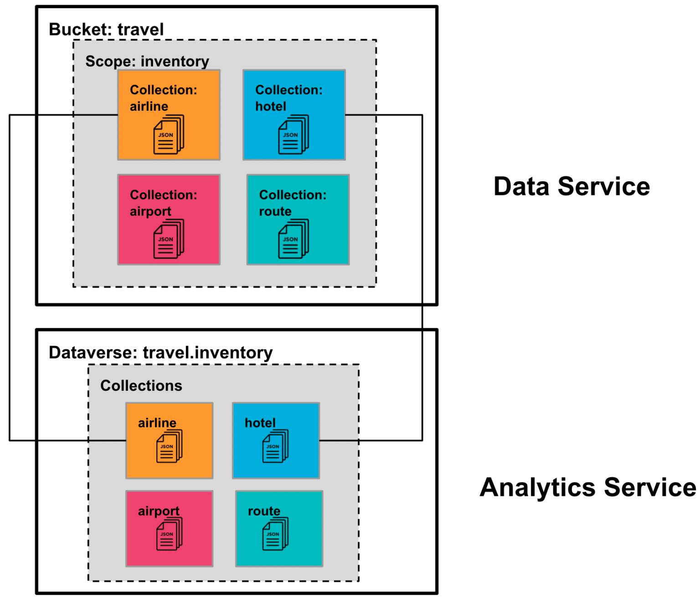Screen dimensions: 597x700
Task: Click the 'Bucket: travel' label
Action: click(106, 30)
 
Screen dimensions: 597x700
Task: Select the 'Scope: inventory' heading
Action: click(147, 61)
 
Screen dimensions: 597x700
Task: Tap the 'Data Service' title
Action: click(571, 187)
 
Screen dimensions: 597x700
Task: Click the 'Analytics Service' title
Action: click(587, 487)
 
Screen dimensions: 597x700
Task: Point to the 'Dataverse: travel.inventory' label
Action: click(160, 353)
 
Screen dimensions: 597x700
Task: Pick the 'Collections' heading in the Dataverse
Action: click(141, 386)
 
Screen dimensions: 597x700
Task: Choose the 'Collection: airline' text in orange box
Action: click(163, 98)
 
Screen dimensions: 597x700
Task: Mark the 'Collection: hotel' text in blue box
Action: click(288, 98)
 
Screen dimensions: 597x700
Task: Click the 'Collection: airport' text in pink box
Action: click(163, 203)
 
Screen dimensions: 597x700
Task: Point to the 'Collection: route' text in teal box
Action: click(293, 203)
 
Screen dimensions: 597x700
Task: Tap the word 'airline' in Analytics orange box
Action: click(157, 423)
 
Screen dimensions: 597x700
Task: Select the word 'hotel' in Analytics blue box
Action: click(260, 423)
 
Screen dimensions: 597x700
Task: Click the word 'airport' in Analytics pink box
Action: click(159, 511)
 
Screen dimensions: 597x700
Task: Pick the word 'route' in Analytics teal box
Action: click(264, 511)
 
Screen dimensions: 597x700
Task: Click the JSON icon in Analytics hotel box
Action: click(275, 446)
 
